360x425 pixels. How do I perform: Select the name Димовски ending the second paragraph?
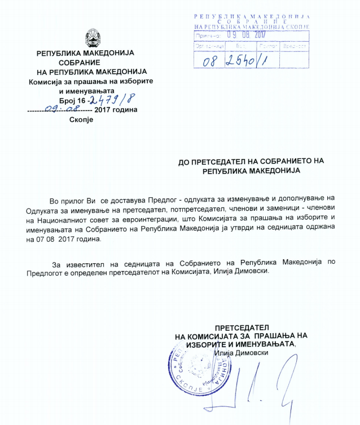tap(252, 271)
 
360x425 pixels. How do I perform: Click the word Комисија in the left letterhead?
tap(49, 81)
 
